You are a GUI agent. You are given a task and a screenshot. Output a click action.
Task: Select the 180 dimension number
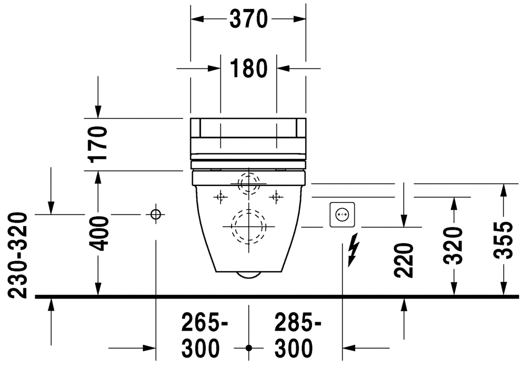click(249, 68)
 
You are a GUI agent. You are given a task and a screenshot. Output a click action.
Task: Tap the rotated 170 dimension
click(98, 144)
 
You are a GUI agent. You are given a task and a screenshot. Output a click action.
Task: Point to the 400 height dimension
click(98, 234)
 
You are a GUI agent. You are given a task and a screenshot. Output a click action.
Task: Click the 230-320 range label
click(17, 255)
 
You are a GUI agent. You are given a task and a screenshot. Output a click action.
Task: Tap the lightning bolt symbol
click(354, 250)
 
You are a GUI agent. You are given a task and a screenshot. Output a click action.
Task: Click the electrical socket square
click(342, 215)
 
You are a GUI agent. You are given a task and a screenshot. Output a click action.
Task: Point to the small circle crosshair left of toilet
click(156, 214)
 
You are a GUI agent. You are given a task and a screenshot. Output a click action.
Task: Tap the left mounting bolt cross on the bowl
click(220, 197)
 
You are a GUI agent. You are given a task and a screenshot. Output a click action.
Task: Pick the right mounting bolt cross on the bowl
click(276, 197)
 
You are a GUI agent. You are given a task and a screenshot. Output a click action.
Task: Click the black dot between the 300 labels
click(249, 348)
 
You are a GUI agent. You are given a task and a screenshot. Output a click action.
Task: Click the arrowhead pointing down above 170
click(98, 112)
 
